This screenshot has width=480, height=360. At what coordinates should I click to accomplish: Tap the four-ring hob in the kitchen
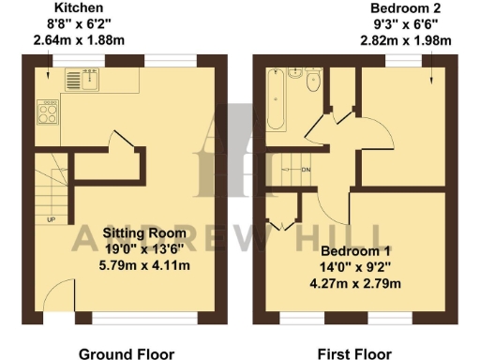48,115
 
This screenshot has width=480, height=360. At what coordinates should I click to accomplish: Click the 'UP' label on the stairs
51,220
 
